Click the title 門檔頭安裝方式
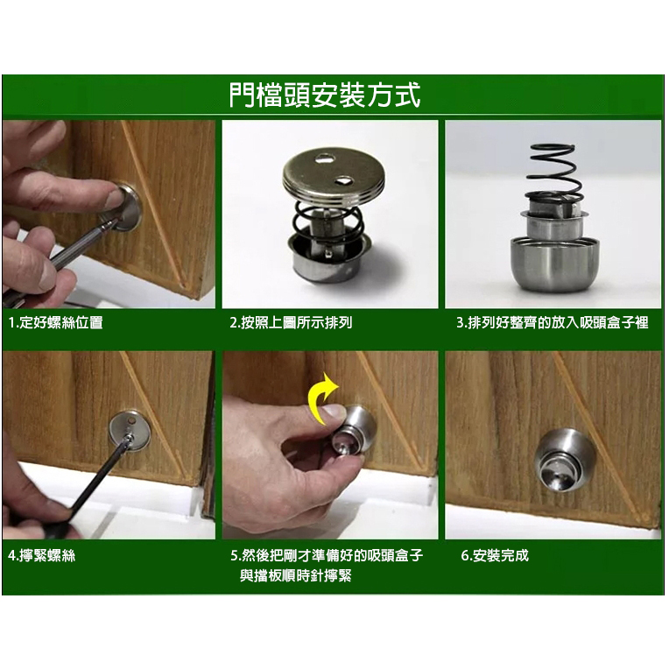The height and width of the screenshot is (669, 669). (x=325, y=95)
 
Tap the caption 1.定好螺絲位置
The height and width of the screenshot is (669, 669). (x=55, y=322)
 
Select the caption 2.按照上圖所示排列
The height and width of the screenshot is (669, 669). (x=291, y=322)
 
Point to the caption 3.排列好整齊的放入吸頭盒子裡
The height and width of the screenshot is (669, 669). (x=553, y=322)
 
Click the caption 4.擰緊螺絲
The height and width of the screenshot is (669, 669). (x=41, y=555)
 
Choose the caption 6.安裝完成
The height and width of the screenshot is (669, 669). (x=495, y=555)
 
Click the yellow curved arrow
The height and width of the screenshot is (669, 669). (x=323, y=399)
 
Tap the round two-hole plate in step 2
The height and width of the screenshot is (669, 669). (x=334, y=176)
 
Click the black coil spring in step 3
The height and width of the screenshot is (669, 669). (x=554, y=173)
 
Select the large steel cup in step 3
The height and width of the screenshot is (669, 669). (x=554, y=264)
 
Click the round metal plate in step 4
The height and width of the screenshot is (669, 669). (x=130, y=431)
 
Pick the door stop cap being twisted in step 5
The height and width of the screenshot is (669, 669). (x=354, y=431)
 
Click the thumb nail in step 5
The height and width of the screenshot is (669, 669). (x=334, y=412)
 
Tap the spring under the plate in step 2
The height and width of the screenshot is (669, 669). (x=328, y=222)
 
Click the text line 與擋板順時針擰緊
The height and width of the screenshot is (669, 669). (x=296, y=576)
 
